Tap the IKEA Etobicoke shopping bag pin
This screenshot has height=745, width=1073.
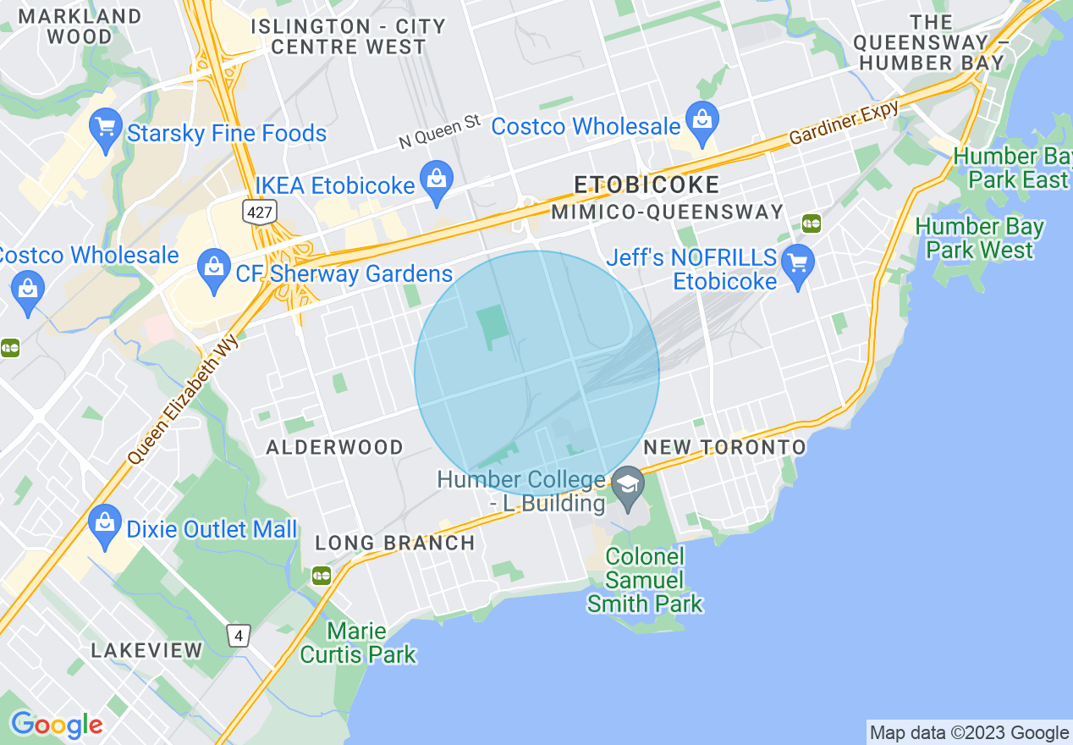(437, 181)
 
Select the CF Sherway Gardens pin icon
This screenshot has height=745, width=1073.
(212, 269)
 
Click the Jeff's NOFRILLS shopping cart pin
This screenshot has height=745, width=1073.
(797, 263)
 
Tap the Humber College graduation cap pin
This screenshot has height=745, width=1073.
(628, 488)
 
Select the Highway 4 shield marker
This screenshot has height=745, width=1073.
(239, 635)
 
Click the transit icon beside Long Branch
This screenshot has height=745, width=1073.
(322, 576)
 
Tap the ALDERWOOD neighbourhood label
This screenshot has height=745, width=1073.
(335, 447)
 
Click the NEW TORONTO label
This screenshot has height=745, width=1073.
(725, 446)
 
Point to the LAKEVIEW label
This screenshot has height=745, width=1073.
(147, 650)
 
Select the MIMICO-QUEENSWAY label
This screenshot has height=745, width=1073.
(667, 212)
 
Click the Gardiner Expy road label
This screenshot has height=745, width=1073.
(843, 123)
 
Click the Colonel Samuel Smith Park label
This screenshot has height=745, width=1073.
(645, 580)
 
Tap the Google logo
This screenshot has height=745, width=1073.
(57, 725)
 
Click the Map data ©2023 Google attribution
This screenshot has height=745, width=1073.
(970, 733)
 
